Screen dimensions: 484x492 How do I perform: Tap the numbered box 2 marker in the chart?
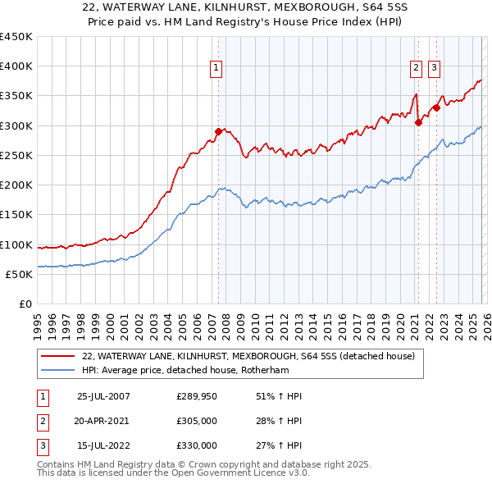417,69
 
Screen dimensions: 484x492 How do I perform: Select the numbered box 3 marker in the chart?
434,69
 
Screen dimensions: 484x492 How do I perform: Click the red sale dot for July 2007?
218,131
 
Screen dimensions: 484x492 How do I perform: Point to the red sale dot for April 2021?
418,122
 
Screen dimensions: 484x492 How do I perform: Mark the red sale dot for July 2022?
437,107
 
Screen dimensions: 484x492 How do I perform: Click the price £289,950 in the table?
197,396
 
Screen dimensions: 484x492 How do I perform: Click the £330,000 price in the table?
197,445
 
